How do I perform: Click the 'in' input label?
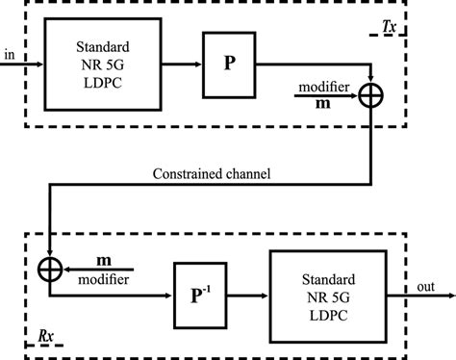[10, 56]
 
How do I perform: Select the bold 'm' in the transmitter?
[327, 102]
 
